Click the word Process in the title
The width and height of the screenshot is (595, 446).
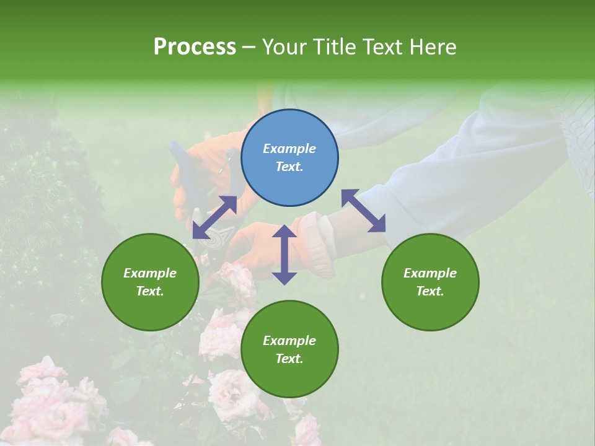(x=195, y=47)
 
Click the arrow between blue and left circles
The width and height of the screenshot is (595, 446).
(x=214, y=217)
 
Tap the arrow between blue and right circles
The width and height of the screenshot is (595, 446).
(x=363, y=211)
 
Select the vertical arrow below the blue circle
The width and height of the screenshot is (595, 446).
(x=284, y=255)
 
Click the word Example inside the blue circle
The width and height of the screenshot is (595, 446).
(x=289, y=149)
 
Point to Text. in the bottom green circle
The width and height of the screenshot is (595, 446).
(x=289, y=359)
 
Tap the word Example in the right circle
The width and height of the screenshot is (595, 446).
(x=430, y=273)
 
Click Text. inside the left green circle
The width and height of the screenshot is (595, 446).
(x=150, y=291)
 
